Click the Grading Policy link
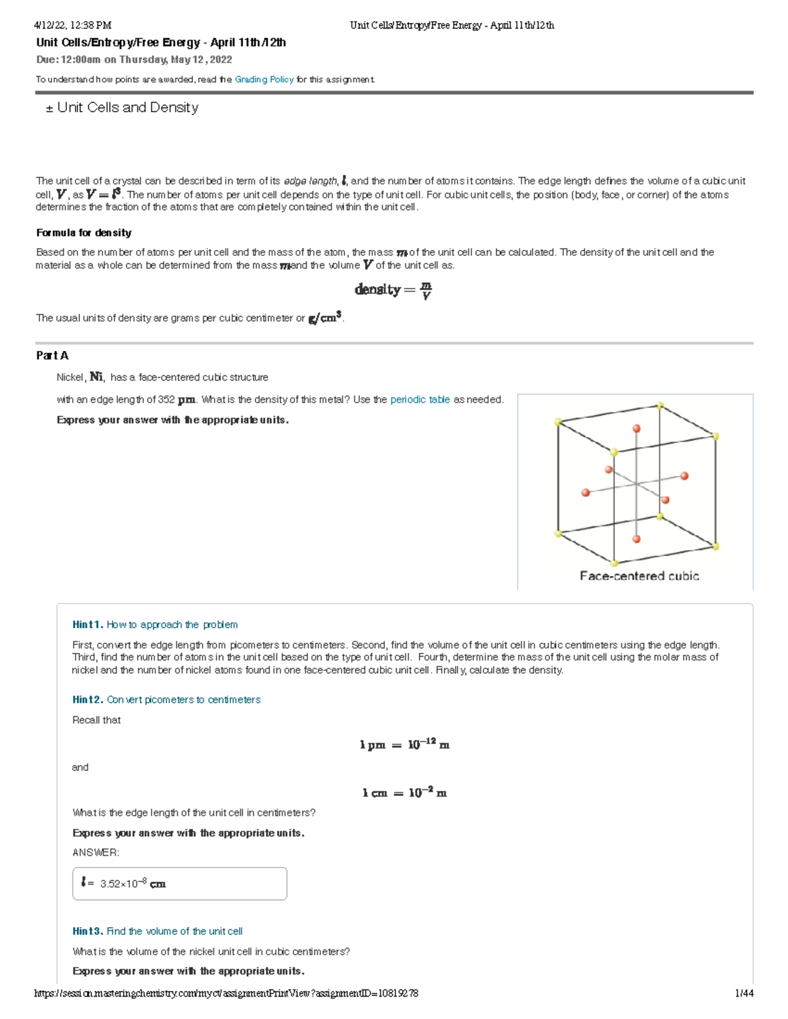click(x=264, y=79)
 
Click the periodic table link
click(x=420, y=400)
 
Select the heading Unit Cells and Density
click(x=127, y=108)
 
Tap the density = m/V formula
click(x=393, y=290)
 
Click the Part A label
click(x=53, y=356)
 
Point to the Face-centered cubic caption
click(x=639, y=576)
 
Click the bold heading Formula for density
click(x=84, y=233)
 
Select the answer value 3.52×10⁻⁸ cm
click(x=133, y=884)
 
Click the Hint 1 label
click(x=88, y=625)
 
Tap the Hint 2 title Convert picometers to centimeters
click(x=183, y=699)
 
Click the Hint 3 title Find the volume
click(x=174, y=931)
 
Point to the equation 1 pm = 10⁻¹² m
click(x=405, y=745)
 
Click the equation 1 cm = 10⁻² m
click(x=405, y=793)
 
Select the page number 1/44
click(x=744, y=993)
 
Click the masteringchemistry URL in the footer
click(x=226, y=993)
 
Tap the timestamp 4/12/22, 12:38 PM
click(x=73, y=26)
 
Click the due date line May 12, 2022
click(x=135, y=60)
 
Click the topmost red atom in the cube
click(x=636, y=428)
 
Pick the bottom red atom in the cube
click(x=636, y=539)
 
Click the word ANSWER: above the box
click(x=96, y=852)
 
